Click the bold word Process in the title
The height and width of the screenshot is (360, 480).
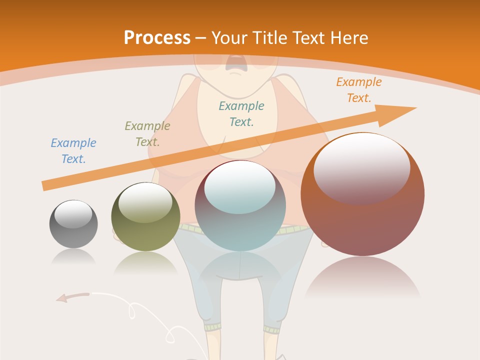pyautogui.click(x=157, y=37)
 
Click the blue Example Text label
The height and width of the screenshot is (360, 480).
pyautogui.click(x=73, y=151)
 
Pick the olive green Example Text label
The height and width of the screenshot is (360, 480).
pyautogui.click(x=147, y=134)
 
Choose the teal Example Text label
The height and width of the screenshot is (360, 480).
pyautogui.click(x=241, y=114)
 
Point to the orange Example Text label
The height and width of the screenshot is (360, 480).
pyautogui.click(x=359, y=90)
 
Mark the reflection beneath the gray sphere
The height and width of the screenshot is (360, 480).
pyautogui.click(x=73, y=257)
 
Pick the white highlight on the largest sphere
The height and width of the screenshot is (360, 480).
pyautogui.click(x=361, y=167)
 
